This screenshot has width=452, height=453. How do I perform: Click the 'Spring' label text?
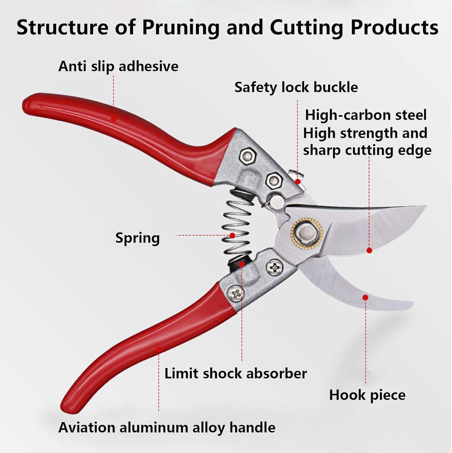pyautogui.click(x=138, y=238)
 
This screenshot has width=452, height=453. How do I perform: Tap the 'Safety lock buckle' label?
pyautogui.click(x=296, y=88)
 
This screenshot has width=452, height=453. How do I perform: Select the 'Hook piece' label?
pyautogui.click(x=367, y=395)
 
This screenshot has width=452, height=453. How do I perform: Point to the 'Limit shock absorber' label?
pyautogui.click(x=235, y=374)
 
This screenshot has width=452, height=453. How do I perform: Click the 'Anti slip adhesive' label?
pyautogui.click(x=118, y=66)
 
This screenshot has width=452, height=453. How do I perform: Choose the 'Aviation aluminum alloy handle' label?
pyautogui.click(x=167, y=428)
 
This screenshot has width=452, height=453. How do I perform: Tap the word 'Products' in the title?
pyautogui.click(x=394, y=28)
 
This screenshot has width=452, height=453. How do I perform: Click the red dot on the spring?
pyautogui.click(x=232, y=235)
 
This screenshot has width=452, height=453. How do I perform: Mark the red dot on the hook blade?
pyautogui.click(x=365, y=297)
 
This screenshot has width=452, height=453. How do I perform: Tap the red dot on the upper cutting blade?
pyautogui.click(x=369, y=250)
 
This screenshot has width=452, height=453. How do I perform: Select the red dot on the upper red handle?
pyautogui.click(x=114, y=119)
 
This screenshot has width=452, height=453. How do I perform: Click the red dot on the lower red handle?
pyautogui.click(x=159, y=349)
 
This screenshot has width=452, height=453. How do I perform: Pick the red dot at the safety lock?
pyautogui.click(x=298, y=182)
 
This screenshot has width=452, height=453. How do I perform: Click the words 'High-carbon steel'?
pyautogui.click(x=366, y=115)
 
